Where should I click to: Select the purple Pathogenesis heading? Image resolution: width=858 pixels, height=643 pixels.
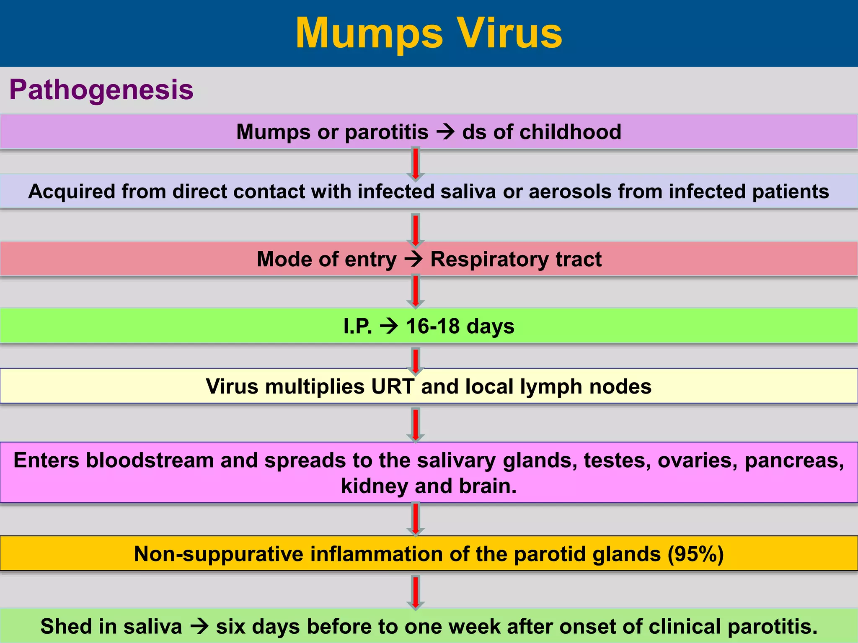click(101, 90)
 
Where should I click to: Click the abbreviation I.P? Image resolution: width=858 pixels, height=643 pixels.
click(357, 326)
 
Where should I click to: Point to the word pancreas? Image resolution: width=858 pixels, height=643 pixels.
click(794, 460)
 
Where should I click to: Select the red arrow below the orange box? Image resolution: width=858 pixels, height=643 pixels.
click(416, 592)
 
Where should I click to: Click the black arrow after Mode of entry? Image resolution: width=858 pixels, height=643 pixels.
click(413, 259)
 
